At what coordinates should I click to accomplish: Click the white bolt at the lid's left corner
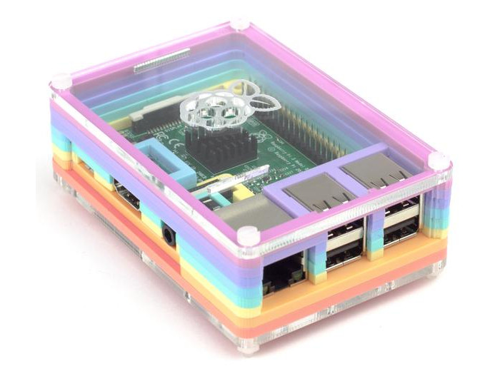click(61, 81)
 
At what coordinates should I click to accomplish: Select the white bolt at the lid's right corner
click(441, 161)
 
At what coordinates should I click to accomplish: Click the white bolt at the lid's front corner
click(247, 236)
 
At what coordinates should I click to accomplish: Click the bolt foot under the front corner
click(247, 347)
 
